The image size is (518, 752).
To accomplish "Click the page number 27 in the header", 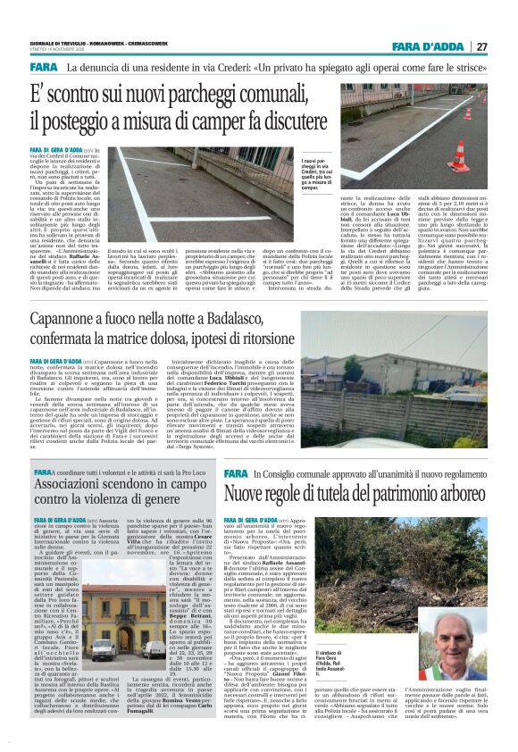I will click(481, 47).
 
